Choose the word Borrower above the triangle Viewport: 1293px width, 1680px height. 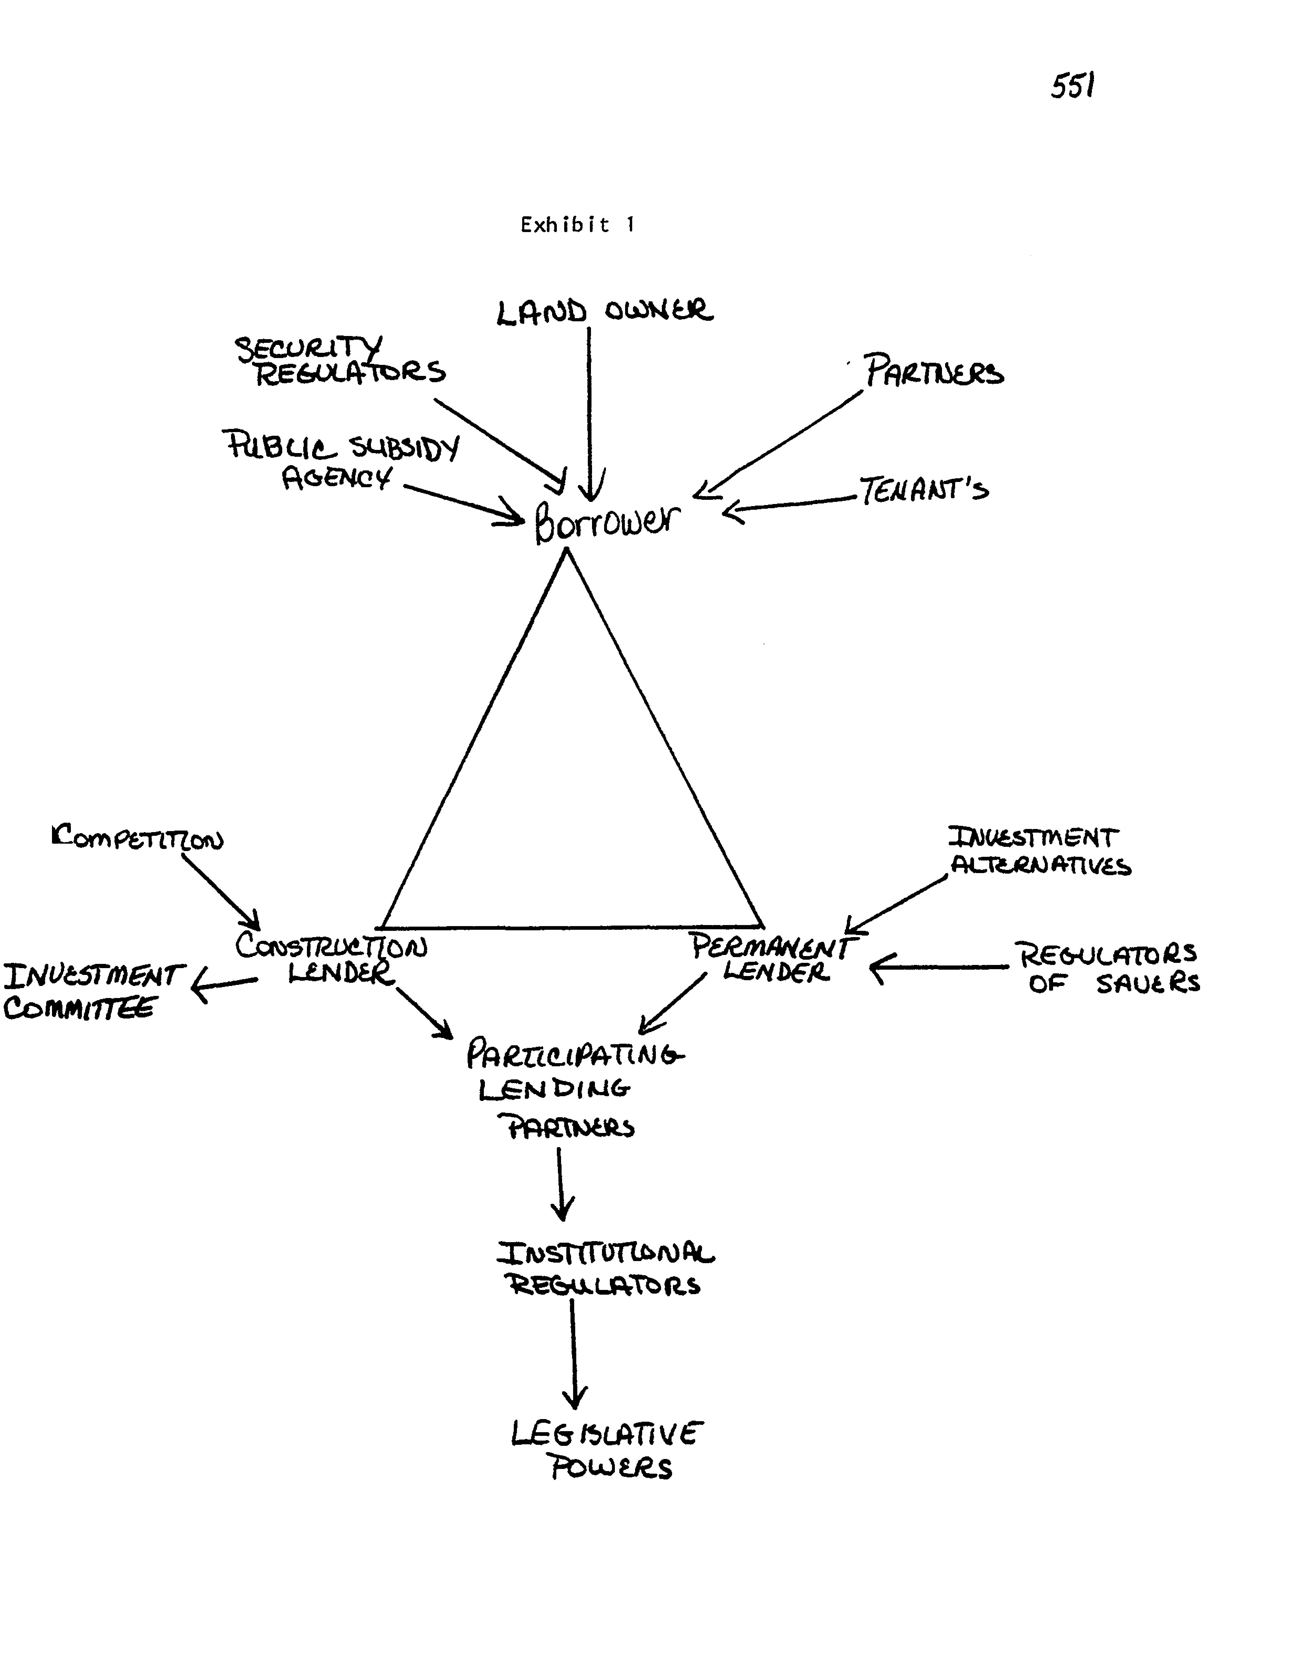click(x=608, y=523)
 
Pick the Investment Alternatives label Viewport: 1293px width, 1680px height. click(x=1038, y=852)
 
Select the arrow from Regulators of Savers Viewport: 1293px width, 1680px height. click(x=938, y=967)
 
